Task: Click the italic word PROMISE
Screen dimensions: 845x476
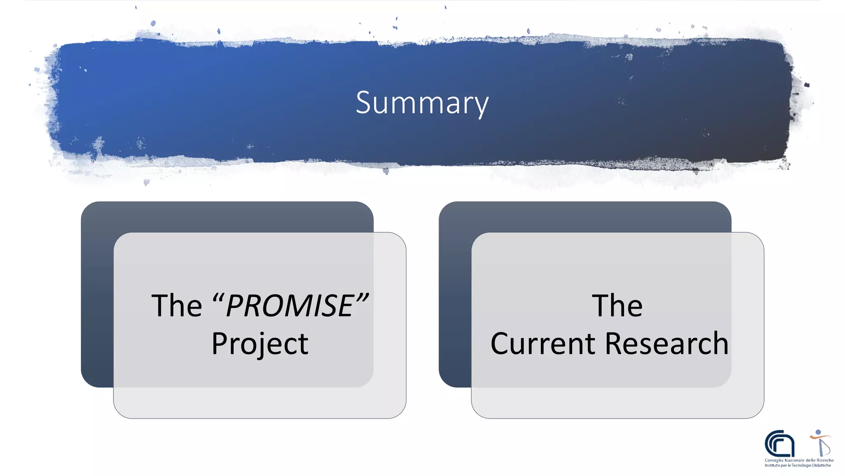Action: click(290, 306)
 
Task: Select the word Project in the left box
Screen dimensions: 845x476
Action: click(260, 344)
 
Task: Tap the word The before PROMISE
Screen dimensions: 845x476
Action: click(177, 306)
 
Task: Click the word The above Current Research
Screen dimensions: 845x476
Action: click(617, 306)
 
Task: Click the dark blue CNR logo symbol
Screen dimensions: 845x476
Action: click(779, 443)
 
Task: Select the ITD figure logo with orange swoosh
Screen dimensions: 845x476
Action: click(820, 443)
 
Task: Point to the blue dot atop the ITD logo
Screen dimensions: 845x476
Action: click(818, 432)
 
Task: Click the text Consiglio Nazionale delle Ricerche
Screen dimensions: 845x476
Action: click(799, 460)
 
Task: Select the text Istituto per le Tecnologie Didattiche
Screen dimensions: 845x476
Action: click(798, 465)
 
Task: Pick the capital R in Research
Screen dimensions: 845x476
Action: click(615, 344)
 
